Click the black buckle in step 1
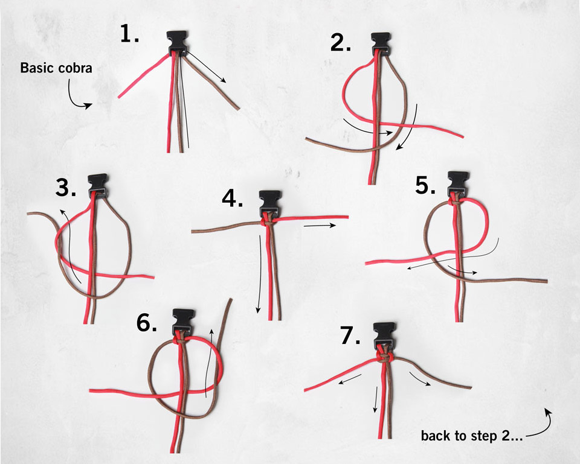[x=177, y=42]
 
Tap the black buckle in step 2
[x=381, y=42]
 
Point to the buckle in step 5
[x=459, y=181]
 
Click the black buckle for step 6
[x=184, y=318]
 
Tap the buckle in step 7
[x=385, y=333]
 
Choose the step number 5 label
[x=425, y=185]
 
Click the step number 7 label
[x=350, y=335]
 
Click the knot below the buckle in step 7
[x=385, y=357]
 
